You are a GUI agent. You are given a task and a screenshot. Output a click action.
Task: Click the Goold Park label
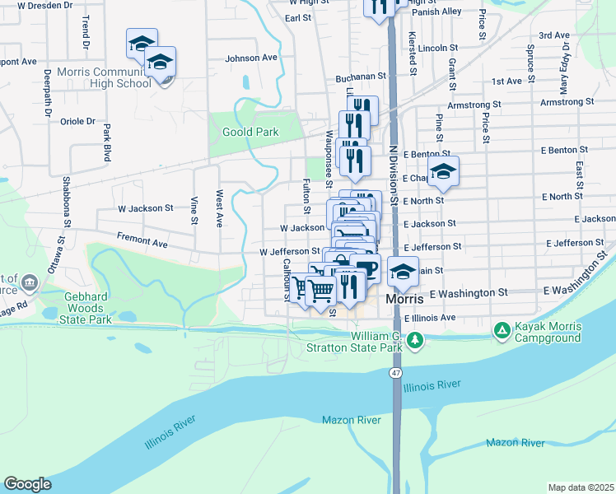[x=250, y=132]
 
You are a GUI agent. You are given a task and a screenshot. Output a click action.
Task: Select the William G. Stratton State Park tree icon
[x=417, y=340]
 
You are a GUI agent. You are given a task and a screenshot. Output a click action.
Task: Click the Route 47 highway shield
[x=396, y=373]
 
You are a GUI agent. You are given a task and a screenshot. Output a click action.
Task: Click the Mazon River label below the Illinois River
[x=352, y=420]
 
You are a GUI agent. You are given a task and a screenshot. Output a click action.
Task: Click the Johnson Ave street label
[x=251, y=58]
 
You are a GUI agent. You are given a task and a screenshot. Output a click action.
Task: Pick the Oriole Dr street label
[x=78, y=121]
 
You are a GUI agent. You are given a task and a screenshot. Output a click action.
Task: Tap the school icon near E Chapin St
[x=444, y=171]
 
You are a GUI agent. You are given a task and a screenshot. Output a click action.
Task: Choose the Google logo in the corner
[x=27, y=484]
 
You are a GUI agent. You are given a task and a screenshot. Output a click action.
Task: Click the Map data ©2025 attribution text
[x=580, y=487]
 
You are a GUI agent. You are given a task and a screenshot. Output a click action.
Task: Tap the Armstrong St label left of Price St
[x=474, y=105]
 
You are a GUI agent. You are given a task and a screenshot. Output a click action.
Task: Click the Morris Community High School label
[x=105, y=77]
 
